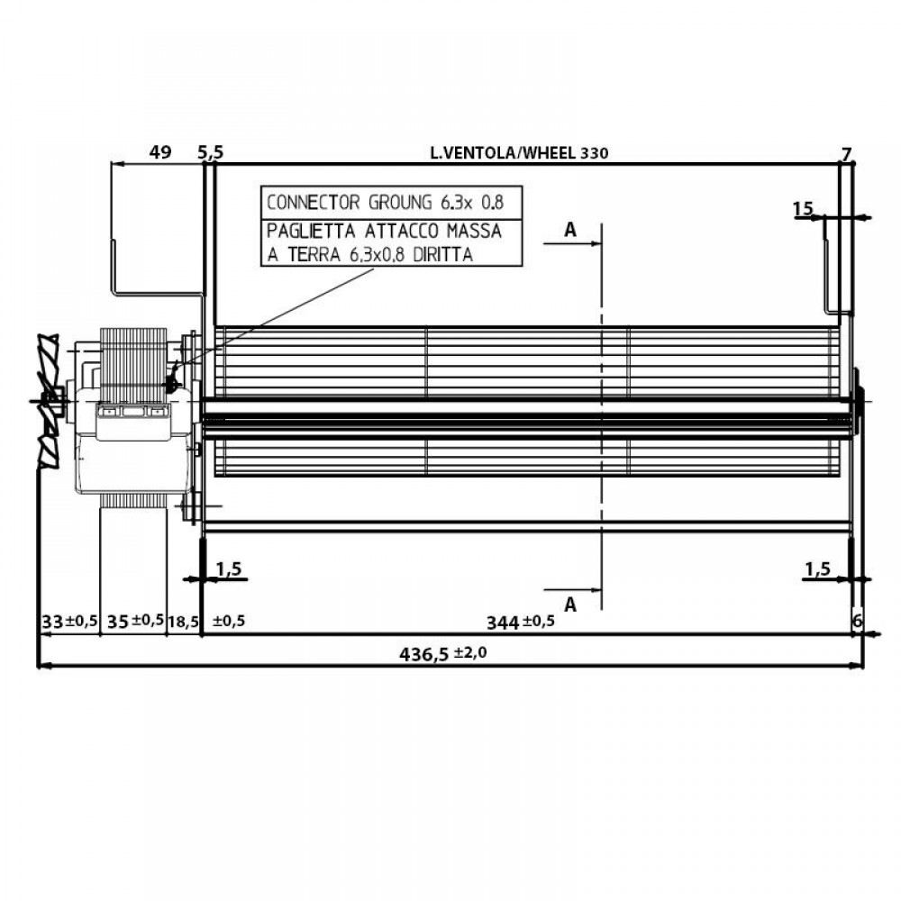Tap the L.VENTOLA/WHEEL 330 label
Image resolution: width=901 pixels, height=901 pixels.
click(x=520, y=153)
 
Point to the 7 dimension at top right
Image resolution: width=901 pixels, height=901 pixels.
click(x=845, y=153)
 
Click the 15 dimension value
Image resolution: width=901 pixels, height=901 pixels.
click(x=803, y=209)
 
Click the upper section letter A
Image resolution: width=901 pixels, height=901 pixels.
click(x=569, y=231)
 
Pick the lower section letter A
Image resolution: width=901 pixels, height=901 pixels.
click(x=569, y=603)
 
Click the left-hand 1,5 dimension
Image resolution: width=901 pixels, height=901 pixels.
click(x=230, y=569)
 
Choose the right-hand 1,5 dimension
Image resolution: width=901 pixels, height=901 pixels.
click(x=817, y=569)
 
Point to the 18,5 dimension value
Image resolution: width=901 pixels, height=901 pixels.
click(x=184, y=621)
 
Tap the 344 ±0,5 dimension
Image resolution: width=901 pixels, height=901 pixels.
click(x=520, y=621)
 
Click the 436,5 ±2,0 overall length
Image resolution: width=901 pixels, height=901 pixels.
click(x=442, y=654)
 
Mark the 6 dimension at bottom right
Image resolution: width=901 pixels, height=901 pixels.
click(x=857, y=621)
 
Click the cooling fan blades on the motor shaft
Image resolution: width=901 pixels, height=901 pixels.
click(x=47, y=400)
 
